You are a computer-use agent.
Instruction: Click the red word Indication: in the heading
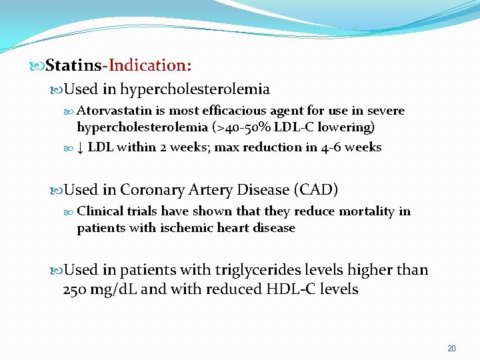[150, 65]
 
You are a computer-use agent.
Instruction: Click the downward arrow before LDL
[80, 147]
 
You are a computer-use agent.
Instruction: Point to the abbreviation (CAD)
[315, 190]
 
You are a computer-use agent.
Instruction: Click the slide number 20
[451, 349]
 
